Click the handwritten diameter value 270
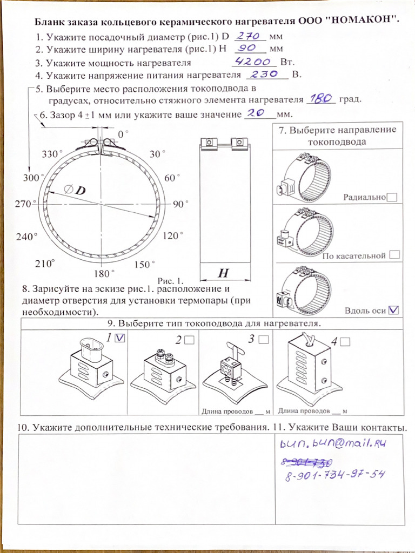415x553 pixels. point(248,36)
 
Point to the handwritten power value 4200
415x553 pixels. point(253,62)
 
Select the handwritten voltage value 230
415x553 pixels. point(264,74)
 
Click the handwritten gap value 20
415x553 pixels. point(257,113)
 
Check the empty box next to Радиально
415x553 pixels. point(392,197)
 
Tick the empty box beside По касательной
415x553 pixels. point(394,255)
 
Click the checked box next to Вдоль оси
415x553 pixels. point(393,310)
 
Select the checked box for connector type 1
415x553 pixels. point(120,338)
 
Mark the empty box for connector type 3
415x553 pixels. point(263,339)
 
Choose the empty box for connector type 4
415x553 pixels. point(345,342)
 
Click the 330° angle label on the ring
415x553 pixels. point(52,154)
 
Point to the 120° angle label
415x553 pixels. point(173,235)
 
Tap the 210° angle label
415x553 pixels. point(45,263)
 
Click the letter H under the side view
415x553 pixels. point(223,273)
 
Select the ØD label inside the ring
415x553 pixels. point(75,190)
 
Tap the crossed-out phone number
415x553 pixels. point(306,462)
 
